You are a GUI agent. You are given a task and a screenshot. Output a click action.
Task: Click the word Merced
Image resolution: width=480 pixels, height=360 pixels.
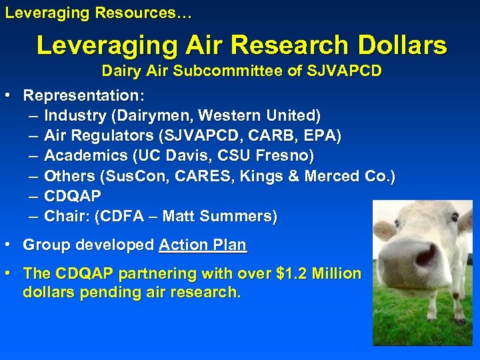coord(329,176)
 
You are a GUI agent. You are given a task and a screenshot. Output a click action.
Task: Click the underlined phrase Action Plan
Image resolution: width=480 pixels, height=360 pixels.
coord(203,245)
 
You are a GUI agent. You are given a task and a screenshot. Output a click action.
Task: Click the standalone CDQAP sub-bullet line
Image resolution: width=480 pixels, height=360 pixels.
coord(73,196)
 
